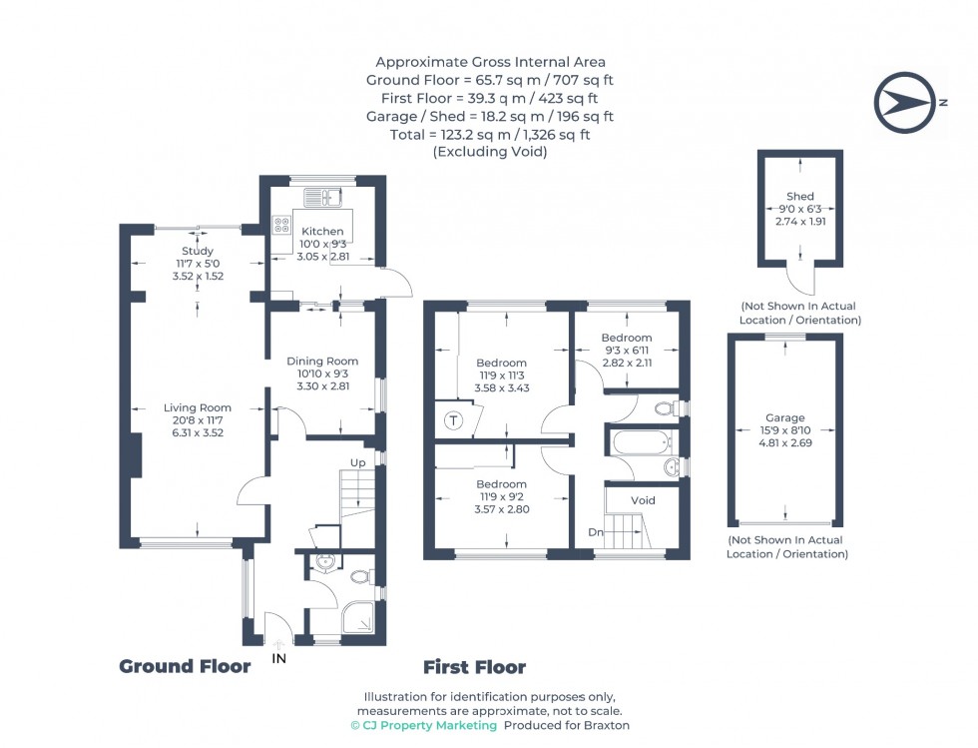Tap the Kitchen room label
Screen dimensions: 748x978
(322, 232)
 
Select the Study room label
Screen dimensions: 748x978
(198, 251)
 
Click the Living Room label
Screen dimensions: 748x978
(198, 407)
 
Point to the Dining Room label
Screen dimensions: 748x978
(322, 362)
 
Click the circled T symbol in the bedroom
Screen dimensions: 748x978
(454, 420)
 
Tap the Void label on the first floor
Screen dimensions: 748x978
(644, 499)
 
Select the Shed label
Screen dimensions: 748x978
(799, 197)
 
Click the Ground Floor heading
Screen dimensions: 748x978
(185, 666)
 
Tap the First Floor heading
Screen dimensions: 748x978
(474, 667)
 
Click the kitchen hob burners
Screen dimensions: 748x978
(281, 225)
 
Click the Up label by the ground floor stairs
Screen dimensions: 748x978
(356, 462)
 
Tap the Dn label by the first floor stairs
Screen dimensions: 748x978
(595, 532)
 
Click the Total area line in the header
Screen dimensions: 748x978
(488, 134)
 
